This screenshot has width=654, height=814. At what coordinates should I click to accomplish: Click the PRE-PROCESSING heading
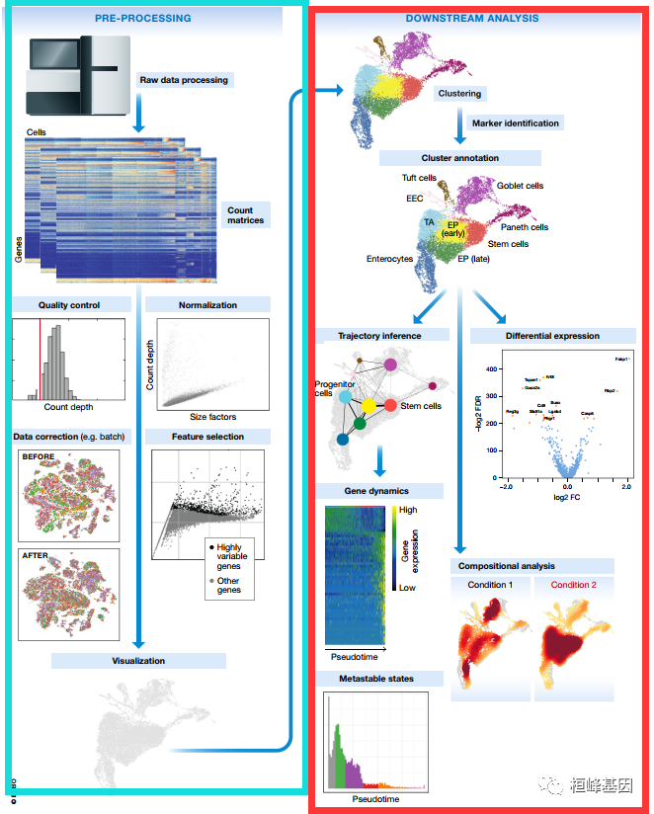(x=143, y=18)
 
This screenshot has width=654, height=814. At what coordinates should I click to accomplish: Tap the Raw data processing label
(x=185, y=80)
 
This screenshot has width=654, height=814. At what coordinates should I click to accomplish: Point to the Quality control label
(x=69, y=304)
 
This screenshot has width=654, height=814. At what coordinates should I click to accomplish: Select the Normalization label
(x=207, y=304)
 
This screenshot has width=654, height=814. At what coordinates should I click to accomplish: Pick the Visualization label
(x=137, y=661)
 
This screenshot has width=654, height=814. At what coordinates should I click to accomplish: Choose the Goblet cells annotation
(x=520, y=186)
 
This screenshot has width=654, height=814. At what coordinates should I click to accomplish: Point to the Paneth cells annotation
(x=524, y=227)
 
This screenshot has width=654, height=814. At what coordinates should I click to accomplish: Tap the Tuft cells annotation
(x=419, y=179)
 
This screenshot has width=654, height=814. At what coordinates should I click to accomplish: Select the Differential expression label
(x=548, y=336)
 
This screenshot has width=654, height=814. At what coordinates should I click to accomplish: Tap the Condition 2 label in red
(x=573, y=585)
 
